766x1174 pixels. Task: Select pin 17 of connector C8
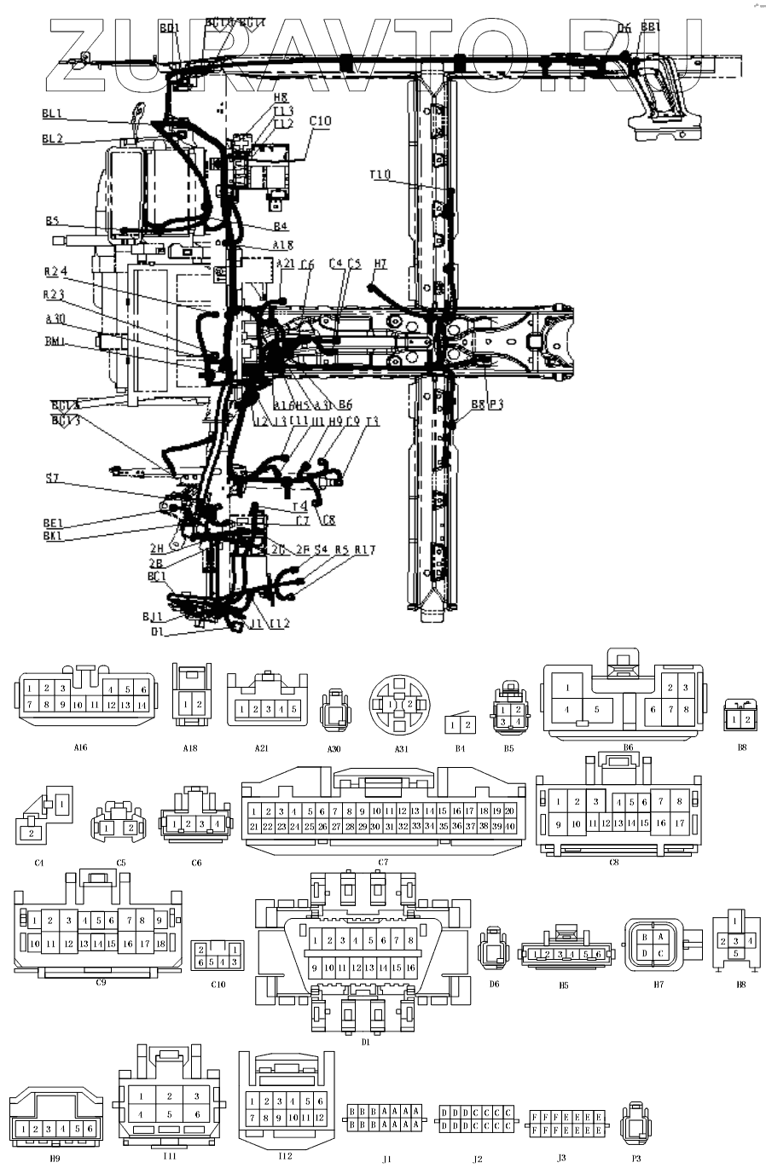pyautogui.click(x=680, y=824)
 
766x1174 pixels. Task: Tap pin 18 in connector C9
pyautogui.click(x=160, y=944)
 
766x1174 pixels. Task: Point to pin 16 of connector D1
pyautogui.click(x=410, y=968)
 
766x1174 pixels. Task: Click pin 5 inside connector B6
pyautogui.click(x=597, y=709)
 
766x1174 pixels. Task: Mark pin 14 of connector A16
pyautogui.click(x=142, y=706)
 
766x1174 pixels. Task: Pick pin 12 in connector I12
pyautogui.click(x=320, y=1117)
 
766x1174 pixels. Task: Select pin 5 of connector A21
pyautogui.click(x=293, y=709)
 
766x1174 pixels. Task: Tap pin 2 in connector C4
pyautogui.click(x=32, y=832)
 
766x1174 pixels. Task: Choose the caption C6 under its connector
pyautogui.click(x=196, y=863)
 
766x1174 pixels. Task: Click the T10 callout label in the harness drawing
pyautogui.click(x=380, y=175)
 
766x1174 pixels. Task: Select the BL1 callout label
pyautogui.click(x=52, y=113)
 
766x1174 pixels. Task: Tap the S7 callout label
pyautogui.click(x=53, y=479)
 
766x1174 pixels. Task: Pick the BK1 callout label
pyautogui.click(x=53, y=536)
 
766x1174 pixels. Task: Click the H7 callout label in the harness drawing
pyautogui.click(x=380, y=264)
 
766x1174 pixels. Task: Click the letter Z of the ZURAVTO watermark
pyautogui.click(x=81, y=55)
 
